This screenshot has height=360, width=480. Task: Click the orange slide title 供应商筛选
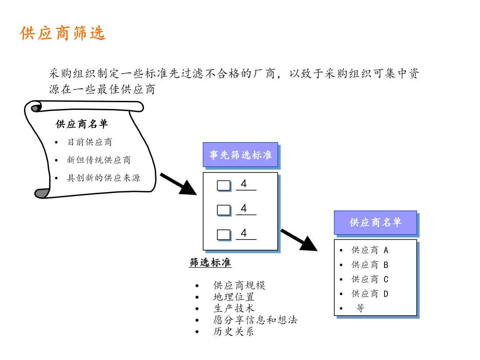coord(63,33)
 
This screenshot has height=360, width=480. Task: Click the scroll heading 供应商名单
coord(82,124)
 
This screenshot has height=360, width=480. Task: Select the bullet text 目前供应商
coord(90,142)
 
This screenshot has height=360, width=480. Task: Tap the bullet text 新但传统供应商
coord(99,160)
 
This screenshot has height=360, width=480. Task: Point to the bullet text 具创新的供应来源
coord(103,178)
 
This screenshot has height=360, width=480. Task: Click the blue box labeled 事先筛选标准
coord(240,155)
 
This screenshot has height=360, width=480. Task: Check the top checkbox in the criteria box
coord(224,185)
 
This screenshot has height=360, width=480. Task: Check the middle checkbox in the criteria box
coord(224,210)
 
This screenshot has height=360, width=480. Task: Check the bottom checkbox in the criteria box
coord(224,234)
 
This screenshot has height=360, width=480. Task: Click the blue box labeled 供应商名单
coord(375,222)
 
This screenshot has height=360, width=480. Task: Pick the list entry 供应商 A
coord(370,250)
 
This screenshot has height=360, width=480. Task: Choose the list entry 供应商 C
coord(370,279)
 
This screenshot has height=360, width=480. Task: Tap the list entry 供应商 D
coord(370,294)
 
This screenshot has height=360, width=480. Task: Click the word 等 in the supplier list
coord(360,308)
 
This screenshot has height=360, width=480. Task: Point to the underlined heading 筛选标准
coord(210,263)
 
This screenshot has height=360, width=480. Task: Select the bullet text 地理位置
coord(234,297)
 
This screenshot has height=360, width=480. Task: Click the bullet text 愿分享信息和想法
coord(255,320)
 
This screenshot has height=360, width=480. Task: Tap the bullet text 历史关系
coord(234,331)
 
